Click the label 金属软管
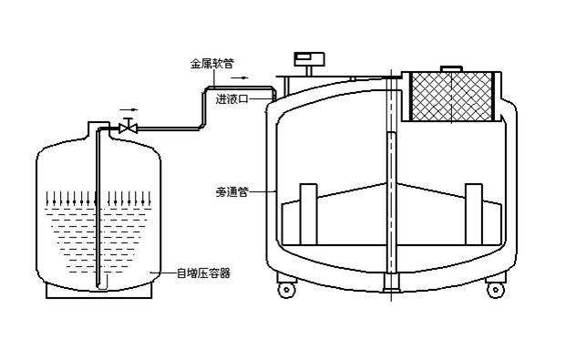[x=211, y=64]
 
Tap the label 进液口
[x=232, y=98]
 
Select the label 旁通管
[x=232, y=191]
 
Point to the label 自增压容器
[x=203, y=273]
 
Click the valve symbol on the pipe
[x=129, y=128]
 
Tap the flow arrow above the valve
[x=129, y=109]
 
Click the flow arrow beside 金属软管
[x=240, y=77]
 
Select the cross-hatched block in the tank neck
[x=452, y=97]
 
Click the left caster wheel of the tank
[x=286, y=290]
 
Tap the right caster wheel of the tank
[x=496, y=290]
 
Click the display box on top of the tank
[x=309, y=59]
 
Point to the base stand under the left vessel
[x=99, y=291]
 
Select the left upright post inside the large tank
[x=309, y=214]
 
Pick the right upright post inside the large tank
[x=474, y=214]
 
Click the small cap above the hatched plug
[x=451, y=68]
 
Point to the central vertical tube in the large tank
[x=392, y=202]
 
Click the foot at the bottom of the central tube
[x=392, y=282]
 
